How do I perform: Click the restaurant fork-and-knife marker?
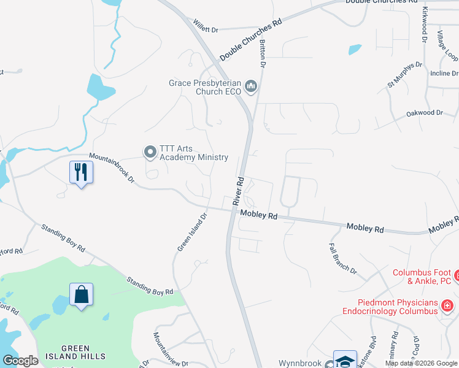click(x=81, y=172)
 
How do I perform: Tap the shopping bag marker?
click(x=81, y=296)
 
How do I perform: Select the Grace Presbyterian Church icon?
click(x=250, y=87)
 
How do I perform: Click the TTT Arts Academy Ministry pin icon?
click(x=150, y=151)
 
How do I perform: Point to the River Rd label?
click(x=239, y=191)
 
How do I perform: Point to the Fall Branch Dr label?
click(x=342, y=257)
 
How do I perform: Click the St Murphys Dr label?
click(x=404, y=73)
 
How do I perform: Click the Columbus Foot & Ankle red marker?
click(x=457, y=277)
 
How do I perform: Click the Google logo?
click(x=21, y=361)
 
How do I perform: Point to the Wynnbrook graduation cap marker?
click(x=345, y=360)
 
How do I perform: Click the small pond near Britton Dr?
click(x=355, y=49)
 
